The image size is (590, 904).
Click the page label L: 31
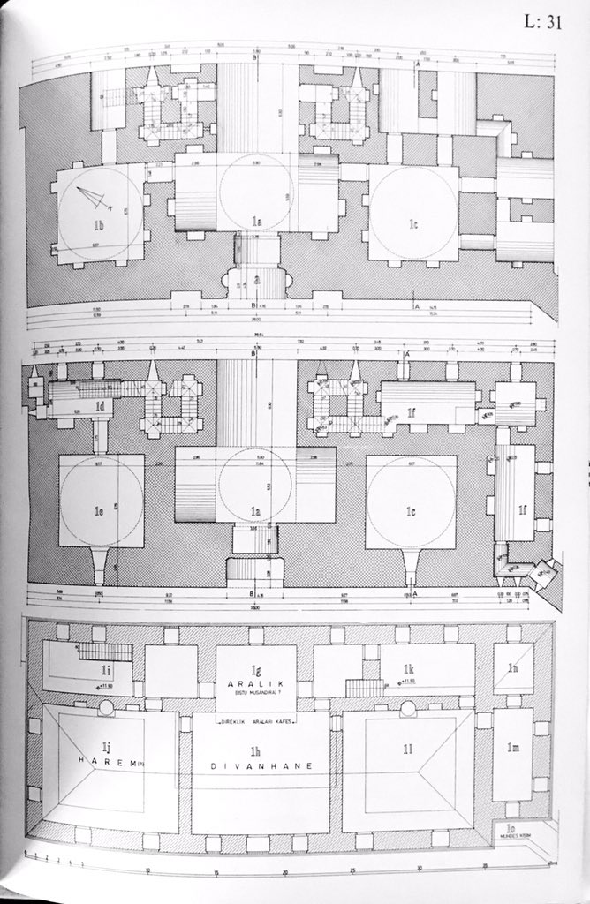click(x=541, y=25)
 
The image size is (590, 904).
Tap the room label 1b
click(x=99, y=226)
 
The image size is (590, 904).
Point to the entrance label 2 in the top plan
click(x=257, y=279)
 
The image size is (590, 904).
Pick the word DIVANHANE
click(x=256, y=765)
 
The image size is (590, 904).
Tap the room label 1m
click(x=512, y=749)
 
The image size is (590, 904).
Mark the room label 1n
click(x=512, y=667)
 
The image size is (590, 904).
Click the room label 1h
click(x=256, y=750)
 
